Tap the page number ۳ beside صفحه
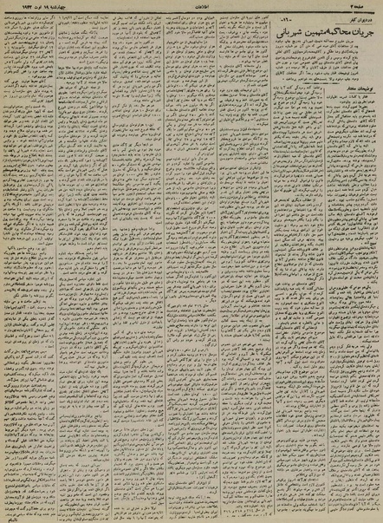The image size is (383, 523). coord(353,4)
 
